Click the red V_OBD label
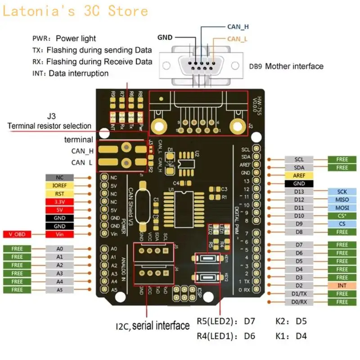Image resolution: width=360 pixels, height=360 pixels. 17,234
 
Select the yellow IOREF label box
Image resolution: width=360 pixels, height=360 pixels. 59,185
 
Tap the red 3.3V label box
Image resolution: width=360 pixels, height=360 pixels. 59,202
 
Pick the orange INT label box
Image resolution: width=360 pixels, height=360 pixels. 342,285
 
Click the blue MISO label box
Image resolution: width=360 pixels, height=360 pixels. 342,199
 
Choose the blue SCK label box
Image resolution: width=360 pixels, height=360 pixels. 342,191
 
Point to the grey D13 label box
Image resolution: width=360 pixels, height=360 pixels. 299,191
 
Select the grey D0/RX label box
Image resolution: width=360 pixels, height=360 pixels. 299,301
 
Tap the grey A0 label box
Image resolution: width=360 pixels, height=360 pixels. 59,248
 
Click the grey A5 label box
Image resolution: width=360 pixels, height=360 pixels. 59,289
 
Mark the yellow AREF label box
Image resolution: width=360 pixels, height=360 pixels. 299,175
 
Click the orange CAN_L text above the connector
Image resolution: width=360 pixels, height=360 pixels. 237,39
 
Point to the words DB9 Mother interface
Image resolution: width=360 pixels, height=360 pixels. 286,67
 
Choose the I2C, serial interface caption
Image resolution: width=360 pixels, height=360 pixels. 153,325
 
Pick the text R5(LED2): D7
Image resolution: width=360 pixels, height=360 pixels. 226,322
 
